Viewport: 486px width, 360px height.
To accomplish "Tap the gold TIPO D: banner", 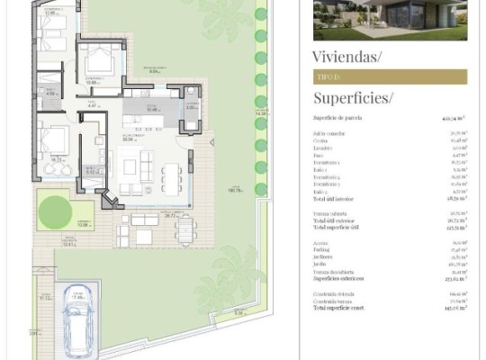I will pyautogui.click(x=390, y=77).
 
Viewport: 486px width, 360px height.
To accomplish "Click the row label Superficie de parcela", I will pyautogui.click(x=340, y=118).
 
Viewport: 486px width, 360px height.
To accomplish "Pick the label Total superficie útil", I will pyautogui.click(x=338, y=227).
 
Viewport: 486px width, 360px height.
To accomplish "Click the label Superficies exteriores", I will pyautogui.click(x=341, y=278).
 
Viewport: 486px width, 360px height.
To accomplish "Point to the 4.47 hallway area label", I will pyautogui.click(x=92, y=106).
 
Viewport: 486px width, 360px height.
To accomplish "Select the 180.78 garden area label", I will pyautogui.click(x=236, y=190).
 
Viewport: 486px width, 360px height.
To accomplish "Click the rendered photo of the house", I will pyautogui.click(x=390, y=20).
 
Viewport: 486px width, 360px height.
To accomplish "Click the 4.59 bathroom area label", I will pyautogui.click(x=51, y=93).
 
